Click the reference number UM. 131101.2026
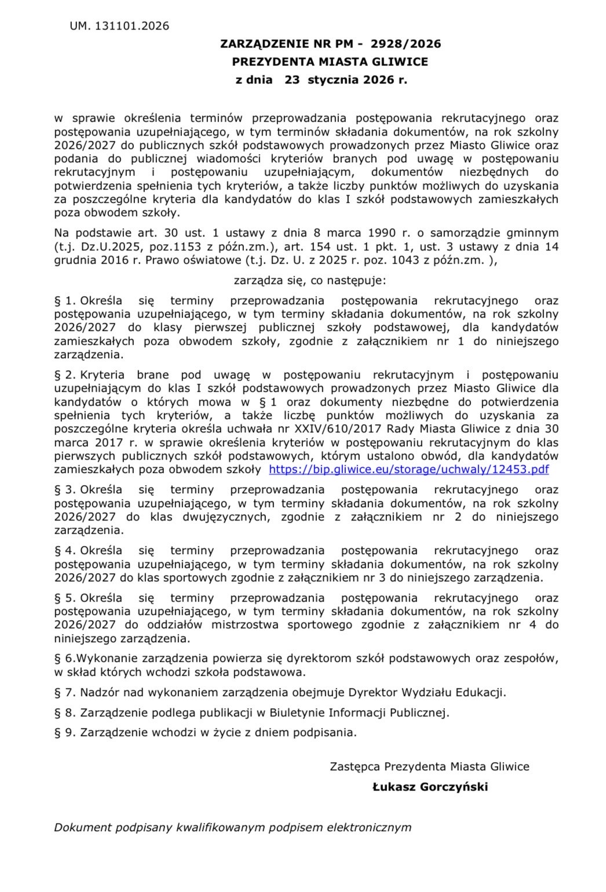tap(119, 26)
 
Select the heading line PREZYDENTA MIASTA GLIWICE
tap(330, 61)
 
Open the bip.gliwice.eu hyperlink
tap(409, 469)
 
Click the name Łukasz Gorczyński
tap(430, 787)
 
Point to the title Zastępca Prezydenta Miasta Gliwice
tap(429, 766)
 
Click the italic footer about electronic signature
tap(232, 827)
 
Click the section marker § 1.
tap(65, 301)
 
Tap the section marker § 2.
tap(65, 375)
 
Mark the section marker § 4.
tap(65, 550)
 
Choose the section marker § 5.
tap(65, 598)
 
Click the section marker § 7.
tap(65, 692)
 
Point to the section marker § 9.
tap(65, 732)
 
